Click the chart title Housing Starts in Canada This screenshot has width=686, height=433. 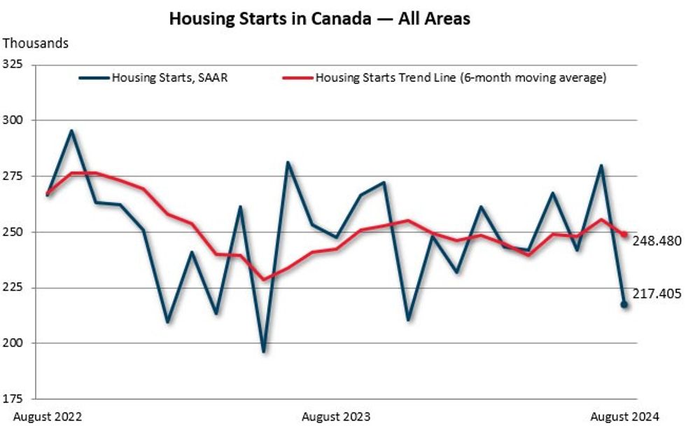[x=319, y=19]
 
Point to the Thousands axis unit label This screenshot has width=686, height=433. [x=36, y=43]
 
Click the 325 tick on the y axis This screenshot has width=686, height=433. [x=13, y=64]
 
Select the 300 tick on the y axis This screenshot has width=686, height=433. [x=13, y=121]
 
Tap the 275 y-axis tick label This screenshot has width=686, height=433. [x=13, y=176]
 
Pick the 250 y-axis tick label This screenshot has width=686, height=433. [x=13, y=232]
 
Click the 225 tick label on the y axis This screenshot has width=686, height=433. [x=13, y=287]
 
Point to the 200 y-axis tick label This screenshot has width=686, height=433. [x=13, y=343]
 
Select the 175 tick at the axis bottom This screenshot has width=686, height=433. [x=13, y=399]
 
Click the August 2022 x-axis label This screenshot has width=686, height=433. [x=48, y=417]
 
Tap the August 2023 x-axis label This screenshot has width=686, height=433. [x=336, y=417]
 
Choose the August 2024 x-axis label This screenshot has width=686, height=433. [x=625, y=417]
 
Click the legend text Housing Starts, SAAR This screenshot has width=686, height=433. [x=169, y=78]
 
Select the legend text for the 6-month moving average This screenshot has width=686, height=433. [x=461, y=78]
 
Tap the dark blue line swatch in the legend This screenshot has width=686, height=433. [x=94, y=78]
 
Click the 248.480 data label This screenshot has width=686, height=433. [x=657, y=241]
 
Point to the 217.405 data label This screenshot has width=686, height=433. [x=657, y=294]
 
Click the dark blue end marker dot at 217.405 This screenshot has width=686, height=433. [x=624, y=304]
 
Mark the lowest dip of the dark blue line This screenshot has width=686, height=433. [x=264, y=351]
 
